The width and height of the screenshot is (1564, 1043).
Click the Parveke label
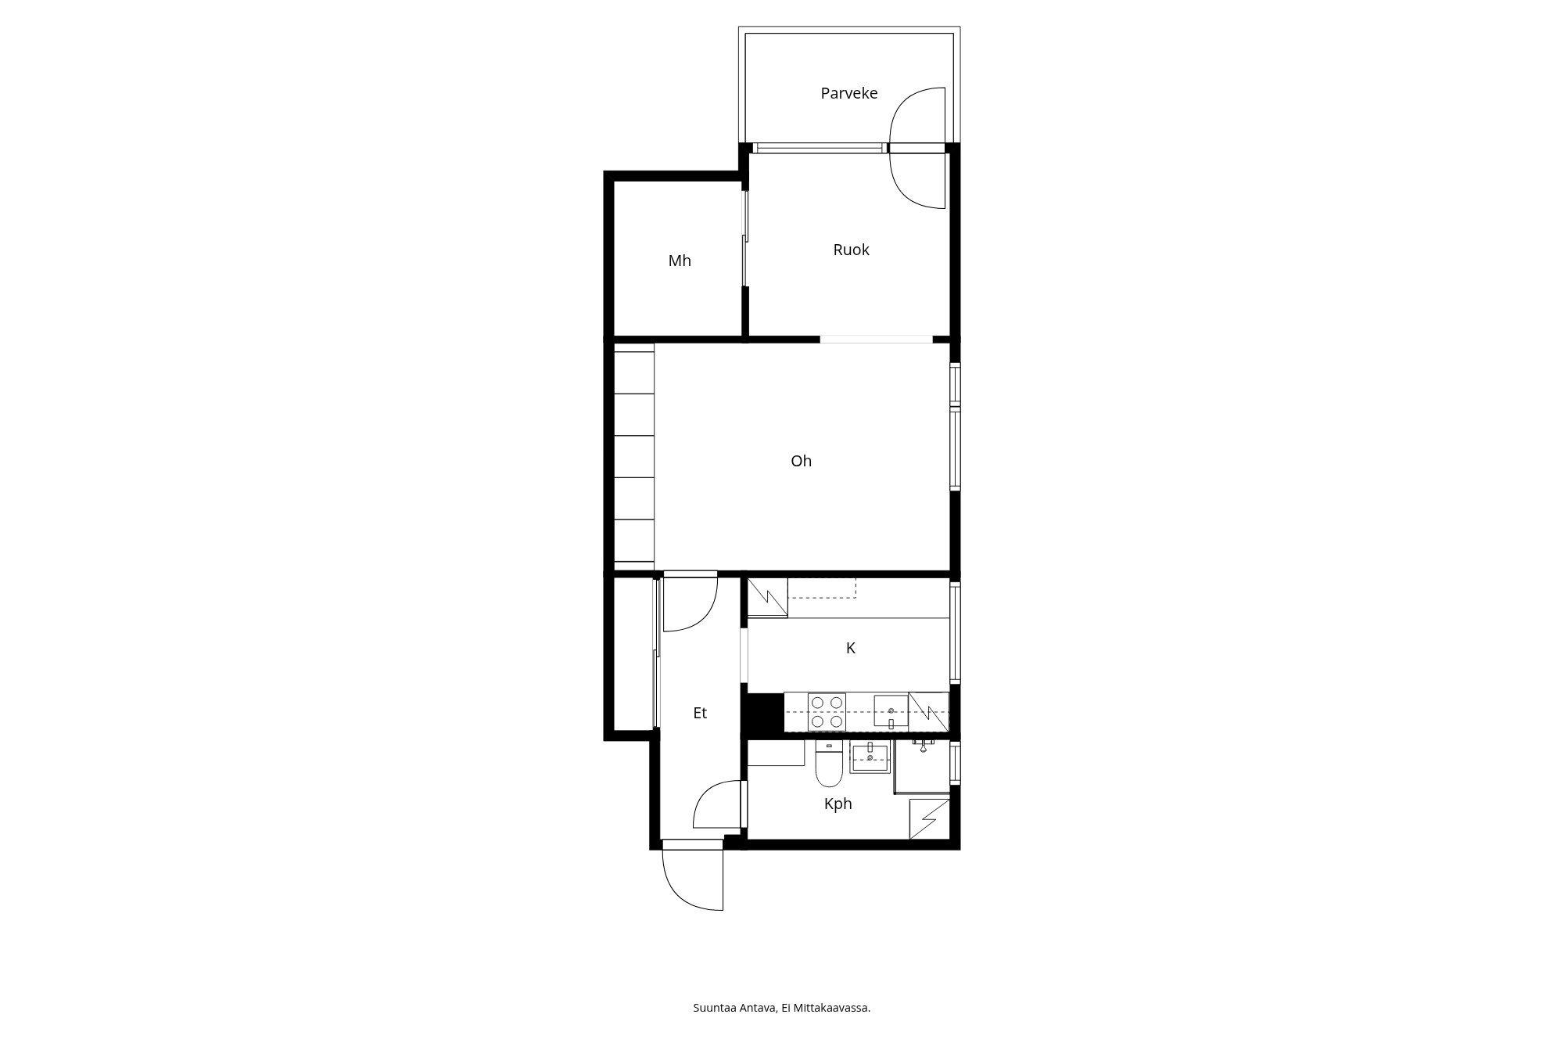pyautogui.click(x=848, y=93)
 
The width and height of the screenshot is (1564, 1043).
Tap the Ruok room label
pyautogui.click(x=851, y=250)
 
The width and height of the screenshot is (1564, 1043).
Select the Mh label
pyautogui.click(x=680, y=261)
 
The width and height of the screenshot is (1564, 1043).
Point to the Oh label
pyautogui.click(x=802, y=461)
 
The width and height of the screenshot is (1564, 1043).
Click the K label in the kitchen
pyautogui.click(x=851, y=648)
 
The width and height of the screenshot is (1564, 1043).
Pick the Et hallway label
pyautogui.click(x=700, y=713)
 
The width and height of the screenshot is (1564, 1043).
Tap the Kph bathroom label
pyautogui.click(x=838, y=804)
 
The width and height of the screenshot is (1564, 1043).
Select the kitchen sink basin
pyautogui.click(x=891, y=710)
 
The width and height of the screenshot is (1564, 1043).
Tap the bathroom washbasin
pyautogui.click(x=870, y=757)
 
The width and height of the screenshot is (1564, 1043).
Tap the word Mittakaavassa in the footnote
pyautogui.click(x=830, y=1008)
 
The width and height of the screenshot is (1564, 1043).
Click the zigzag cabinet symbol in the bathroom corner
pyautogui.click(x=929, y=819)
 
